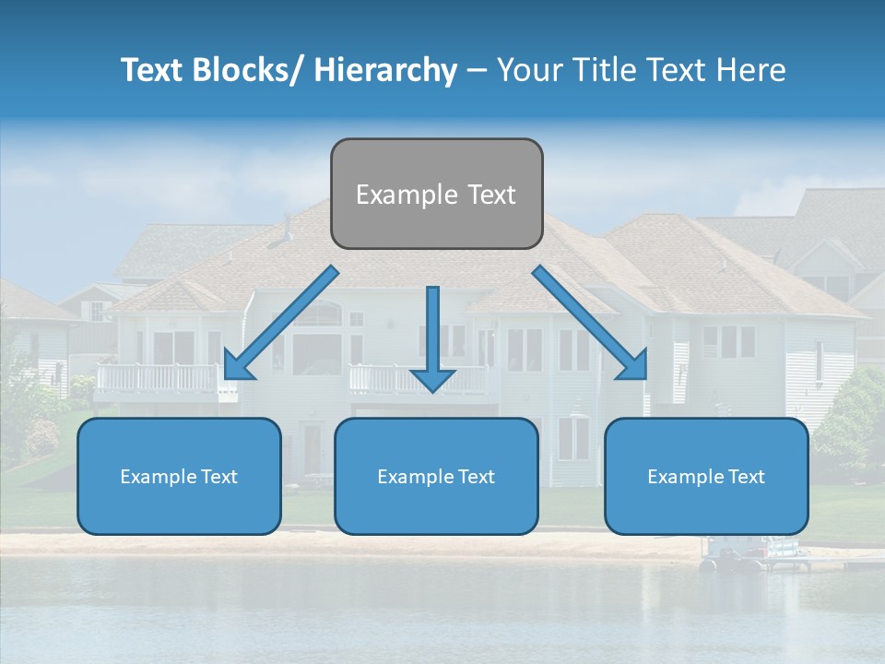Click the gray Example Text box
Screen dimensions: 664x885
click(436, 194)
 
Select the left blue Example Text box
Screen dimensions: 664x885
click(179, 476)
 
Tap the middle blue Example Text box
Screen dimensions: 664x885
click(436, 476)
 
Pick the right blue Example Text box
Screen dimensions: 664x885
click(706, 476)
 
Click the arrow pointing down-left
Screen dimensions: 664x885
click(280, 323)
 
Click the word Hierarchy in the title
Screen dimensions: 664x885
click(385, 70)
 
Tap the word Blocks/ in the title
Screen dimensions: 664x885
click(256, 70)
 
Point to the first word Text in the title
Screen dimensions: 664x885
click(154, 70)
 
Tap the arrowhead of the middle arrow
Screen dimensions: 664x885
click(432, 379)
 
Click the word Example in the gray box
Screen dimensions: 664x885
click(406, 194)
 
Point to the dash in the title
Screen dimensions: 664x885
click(477, 70)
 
